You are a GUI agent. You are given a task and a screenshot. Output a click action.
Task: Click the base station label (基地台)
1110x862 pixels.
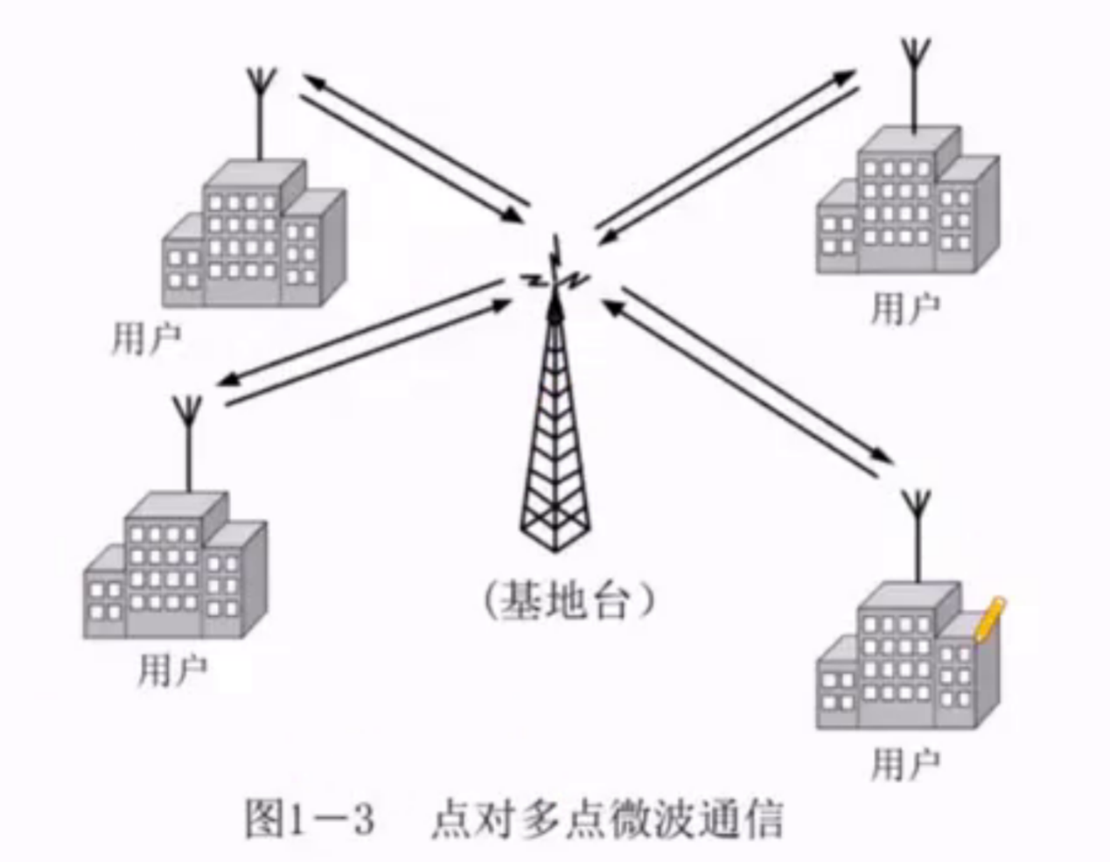(x=569, y=601)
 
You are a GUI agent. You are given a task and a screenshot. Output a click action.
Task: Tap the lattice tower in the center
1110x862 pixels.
(x=555, y=438)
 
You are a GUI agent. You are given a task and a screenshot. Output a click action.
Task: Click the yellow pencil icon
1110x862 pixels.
(x=989, y=619)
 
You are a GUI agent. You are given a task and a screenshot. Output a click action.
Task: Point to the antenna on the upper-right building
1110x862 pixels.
(x=915, y=83)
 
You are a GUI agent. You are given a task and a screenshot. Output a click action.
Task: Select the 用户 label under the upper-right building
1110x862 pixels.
(x=905, y=308)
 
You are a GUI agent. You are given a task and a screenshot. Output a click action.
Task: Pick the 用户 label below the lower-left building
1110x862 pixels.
(x=172, y=670)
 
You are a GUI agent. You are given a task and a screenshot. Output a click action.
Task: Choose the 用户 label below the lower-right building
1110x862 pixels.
(x=905, y=764)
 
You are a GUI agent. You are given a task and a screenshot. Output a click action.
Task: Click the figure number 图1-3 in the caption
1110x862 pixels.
(x=310, y=820)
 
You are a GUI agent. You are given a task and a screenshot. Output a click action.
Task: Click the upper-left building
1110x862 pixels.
(x=254, y=236)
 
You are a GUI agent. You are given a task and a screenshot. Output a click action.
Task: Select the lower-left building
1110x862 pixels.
(x=175, y=569)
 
